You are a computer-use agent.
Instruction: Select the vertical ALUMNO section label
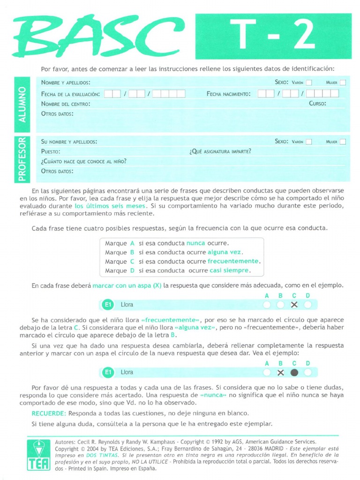[x=22, y=104]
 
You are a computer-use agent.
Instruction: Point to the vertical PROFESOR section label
[x=22, y=158]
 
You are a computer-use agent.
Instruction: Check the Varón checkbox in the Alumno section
[x=308, y=83]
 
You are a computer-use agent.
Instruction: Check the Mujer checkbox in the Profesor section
[x=343, y=142]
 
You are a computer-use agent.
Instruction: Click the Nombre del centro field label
[x=66, y=104]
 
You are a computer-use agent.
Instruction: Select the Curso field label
[x=317, y=104]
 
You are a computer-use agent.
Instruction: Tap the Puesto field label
[x=51, y=151]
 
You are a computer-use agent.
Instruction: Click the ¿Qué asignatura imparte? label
[x=220, y=151]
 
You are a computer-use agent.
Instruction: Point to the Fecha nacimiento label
[x=228, y=94]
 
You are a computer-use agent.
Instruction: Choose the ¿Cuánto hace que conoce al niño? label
[x=83, y=161]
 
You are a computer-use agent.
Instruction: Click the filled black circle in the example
[x=294, y=373]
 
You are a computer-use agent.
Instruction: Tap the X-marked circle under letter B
[x=280, y=373]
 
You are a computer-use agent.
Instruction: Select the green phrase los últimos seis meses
[x=110, y=206]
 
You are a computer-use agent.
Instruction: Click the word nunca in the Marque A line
[x=195, y=243]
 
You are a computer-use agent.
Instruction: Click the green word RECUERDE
[x=49, y=413]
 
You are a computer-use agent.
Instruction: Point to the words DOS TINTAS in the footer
[x=99, y=455]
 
